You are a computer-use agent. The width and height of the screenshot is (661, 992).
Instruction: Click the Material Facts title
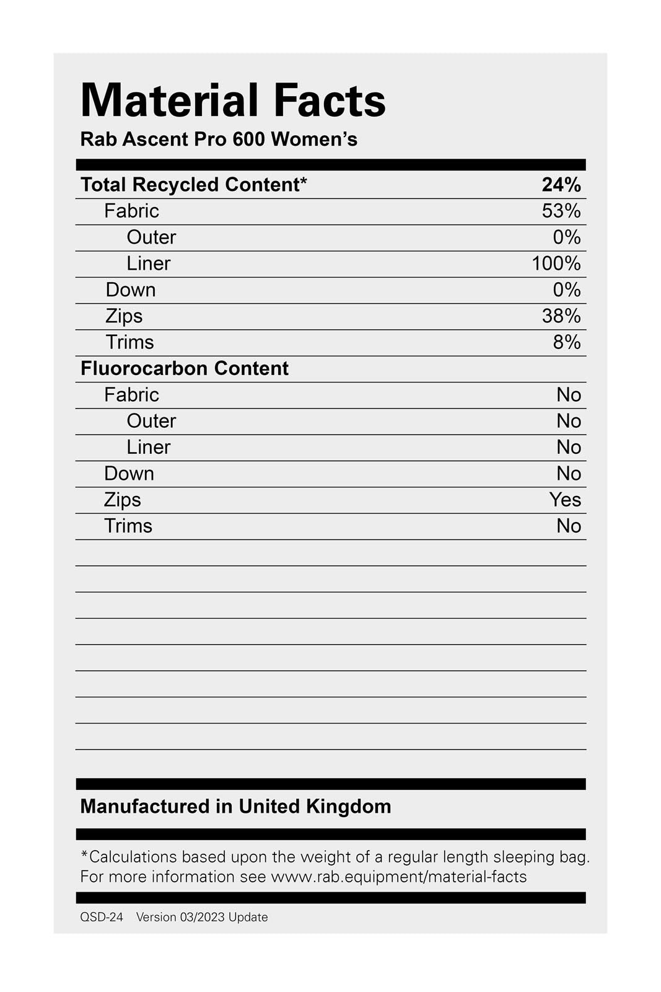[233, 100]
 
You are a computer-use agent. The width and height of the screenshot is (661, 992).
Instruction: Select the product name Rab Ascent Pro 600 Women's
[219, 139]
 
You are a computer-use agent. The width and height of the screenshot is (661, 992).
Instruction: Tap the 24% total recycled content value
[561, 185]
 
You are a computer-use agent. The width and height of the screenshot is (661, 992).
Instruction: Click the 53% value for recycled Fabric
[561, 211]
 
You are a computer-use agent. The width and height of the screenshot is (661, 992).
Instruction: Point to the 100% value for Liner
[556, 263]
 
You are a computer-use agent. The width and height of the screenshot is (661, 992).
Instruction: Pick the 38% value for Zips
[561, 316]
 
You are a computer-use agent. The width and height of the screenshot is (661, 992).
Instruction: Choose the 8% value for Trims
[566, 342]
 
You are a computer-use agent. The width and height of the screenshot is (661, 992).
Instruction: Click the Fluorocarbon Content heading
[185, 368]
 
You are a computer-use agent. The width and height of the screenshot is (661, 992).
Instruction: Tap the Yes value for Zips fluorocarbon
[564, 500]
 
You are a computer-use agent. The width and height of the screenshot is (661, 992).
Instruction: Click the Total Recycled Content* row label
[193, 185]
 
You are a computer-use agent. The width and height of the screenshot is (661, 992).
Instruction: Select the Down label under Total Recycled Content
[130, 290]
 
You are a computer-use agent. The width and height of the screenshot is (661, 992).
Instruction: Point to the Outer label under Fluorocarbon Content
[151, 421]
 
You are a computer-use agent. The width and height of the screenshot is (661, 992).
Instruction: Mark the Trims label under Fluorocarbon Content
[128, 526]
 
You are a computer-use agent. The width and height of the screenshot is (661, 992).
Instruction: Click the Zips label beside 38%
[124, 316]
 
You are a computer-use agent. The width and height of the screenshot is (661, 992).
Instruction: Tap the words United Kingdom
[315, 806]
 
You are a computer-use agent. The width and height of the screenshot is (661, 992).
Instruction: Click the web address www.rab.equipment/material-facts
[398, 877]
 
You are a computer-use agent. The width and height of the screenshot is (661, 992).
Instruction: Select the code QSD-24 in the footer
[102, 917]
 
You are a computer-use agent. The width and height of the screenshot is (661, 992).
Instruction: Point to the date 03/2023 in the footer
[202, 917]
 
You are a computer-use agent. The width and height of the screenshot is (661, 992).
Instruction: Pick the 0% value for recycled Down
[566, 290]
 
